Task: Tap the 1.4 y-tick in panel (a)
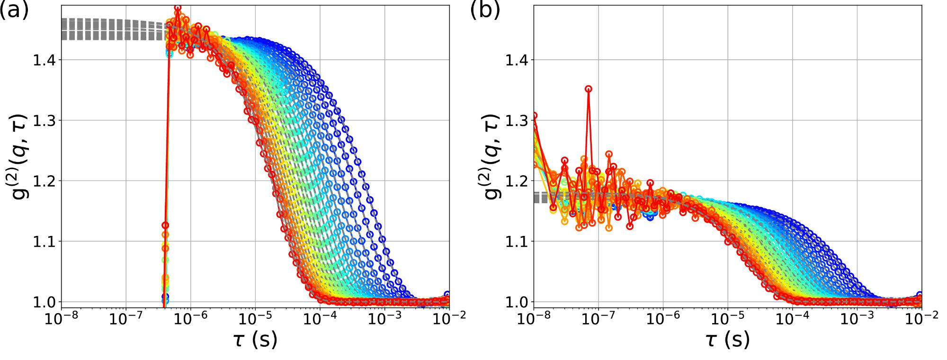45,60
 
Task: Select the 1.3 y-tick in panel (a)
45,120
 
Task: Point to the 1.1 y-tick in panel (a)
45,242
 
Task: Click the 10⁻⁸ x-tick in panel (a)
62,318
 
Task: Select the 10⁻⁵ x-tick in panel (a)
256,318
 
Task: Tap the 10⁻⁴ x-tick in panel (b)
793,318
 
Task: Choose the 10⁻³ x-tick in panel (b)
858,318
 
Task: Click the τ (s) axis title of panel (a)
255,340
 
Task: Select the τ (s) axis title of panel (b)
727,340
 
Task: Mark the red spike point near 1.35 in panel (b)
589,89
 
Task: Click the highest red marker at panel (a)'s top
178,8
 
